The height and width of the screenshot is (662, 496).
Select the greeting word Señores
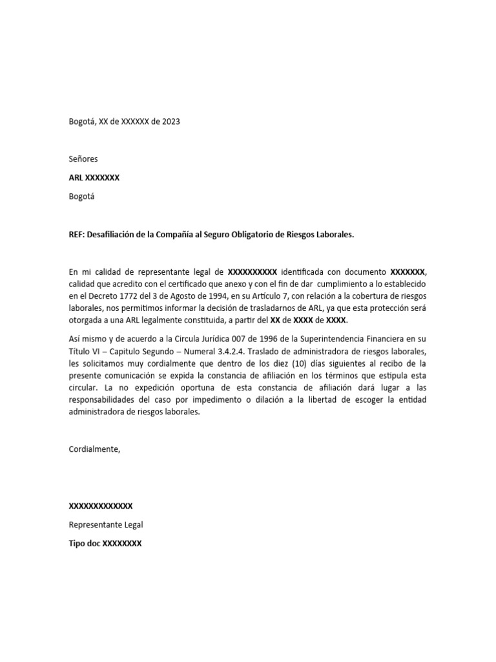83,158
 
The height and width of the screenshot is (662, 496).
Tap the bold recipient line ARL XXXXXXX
94,178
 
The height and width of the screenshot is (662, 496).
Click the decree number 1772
123,297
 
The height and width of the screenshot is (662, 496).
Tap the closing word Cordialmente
94,449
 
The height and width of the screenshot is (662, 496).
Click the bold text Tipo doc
85,544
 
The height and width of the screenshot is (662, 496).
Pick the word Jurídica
176,338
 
